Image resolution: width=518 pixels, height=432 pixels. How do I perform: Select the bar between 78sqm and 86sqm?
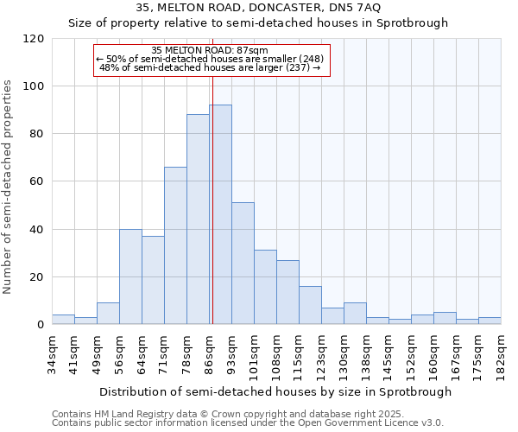click(198, 219)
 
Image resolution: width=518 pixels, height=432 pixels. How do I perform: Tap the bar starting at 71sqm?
click(175, 245)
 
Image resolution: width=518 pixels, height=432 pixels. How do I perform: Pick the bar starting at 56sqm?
click(130, 276)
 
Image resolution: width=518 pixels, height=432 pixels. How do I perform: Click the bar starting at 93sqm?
click(243, 264)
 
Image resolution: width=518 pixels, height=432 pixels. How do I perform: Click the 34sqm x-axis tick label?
click(52, 353)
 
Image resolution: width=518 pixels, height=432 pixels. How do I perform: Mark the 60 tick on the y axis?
click(36, 181)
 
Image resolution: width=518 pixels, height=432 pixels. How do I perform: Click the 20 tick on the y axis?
click(36, 277)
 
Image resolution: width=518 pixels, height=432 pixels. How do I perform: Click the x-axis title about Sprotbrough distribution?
click(276, 391)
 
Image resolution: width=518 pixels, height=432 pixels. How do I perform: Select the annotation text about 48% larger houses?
click(211, 67)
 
